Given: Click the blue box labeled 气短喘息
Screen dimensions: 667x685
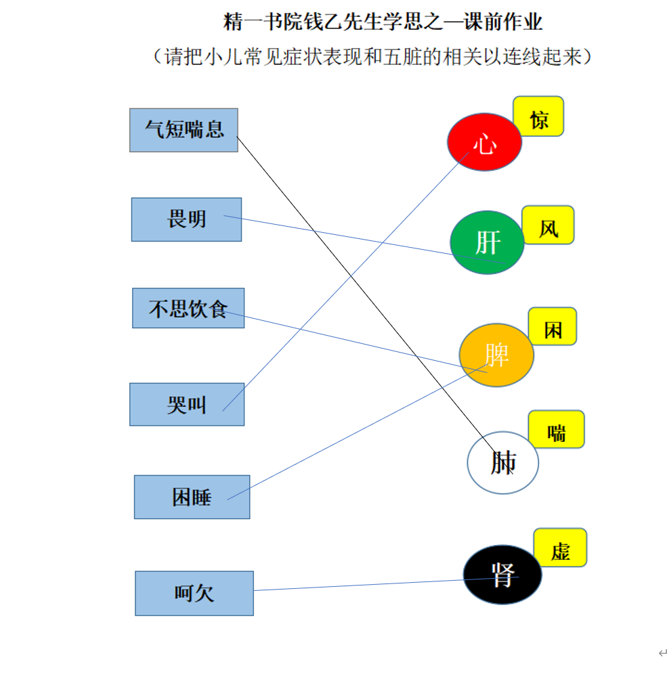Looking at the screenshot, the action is (184, 130).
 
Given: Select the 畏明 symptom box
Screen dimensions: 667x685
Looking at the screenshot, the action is (186, 219).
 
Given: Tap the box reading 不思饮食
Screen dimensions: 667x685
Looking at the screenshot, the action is (188, 308).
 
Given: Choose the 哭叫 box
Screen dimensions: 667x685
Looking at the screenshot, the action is (187, 405).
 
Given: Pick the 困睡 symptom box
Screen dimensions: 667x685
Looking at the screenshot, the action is (192, 497).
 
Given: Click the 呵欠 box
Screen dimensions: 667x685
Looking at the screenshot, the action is (194, 593).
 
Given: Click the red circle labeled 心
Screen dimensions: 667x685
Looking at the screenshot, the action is (484, 142).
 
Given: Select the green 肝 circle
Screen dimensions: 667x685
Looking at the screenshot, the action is (487, 242).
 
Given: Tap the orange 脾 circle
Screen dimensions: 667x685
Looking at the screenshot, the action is (496, 355).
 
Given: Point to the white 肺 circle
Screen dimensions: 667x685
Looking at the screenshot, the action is (502, 462).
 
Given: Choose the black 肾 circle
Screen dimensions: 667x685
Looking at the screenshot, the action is (502, 575).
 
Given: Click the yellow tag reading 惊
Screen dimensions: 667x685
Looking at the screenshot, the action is (538, 116).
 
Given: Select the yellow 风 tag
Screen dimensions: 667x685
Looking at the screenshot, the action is (548, 225).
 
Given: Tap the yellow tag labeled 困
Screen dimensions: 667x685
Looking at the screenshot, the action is (553, 326).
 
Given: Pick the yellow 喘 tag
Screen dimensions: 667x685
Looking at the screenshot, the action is (557, 429).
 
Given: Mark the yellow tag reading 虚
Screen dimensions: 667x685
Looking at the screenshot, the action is (561, 548).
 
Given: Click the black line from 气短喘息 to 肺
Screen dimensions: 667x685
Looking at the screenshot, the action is (374, 305).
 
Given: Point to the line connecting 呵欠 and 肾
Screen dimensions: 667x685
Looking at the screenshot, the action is (386, 583).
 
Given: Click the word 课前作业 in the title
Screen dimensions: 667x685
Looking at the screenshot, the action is (502, 22).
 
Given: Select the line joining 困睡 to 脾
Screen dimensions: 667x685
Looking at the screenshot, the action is (358, 432).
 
